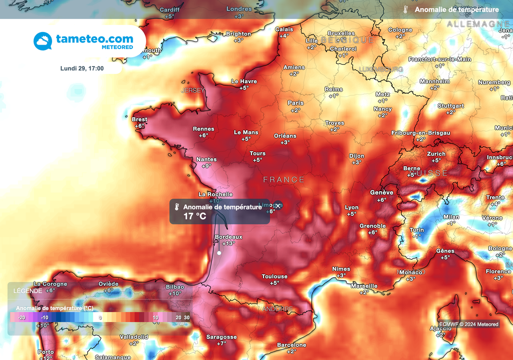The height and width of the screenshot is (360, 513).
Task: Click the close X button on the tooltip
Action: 278,206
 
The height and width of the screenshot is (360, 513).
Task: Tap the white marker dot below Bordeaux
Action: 219,253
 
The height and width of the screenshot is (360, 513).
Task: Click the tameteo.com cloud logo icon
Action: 43,41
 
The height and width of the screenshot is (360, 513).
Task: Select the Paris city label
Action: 296,103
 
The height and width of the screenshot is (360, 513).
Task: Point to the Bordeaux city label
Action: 228,237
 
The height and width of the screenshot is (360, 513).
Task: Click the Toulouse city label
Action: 275,276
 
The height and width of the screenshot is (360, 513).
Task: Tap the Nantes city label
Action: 206,159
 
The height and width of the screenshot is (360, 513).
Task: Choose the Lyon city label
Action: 352,207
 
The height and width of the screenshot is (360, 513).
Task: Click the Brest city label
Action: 139,119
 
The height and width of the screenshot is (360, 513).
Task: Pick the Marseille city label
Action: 364,286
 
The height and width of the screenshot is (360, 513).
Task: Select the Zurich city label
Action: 436,154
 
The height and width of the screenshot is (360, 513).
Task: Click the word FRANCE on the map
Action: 284,179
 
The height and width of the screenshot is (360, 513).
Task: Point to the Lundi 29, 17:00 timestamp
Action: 82,68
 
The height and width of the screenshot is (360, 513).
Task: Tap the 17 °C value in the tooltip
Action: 195,216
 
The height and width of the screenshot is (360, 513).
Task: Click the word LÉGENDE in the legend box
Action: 28,290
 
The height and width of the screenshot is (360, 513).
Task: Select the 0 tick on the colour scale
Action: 100,317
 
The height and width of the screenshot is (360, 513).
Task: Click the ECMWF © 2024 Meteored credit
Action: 469,324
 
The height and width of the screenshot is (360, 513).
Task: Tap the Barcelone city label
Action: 292,345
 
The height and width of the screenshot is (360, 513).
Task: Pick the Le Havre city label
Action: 244,81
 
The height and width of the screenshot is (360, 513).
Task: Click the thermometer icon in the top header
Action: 406,10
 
